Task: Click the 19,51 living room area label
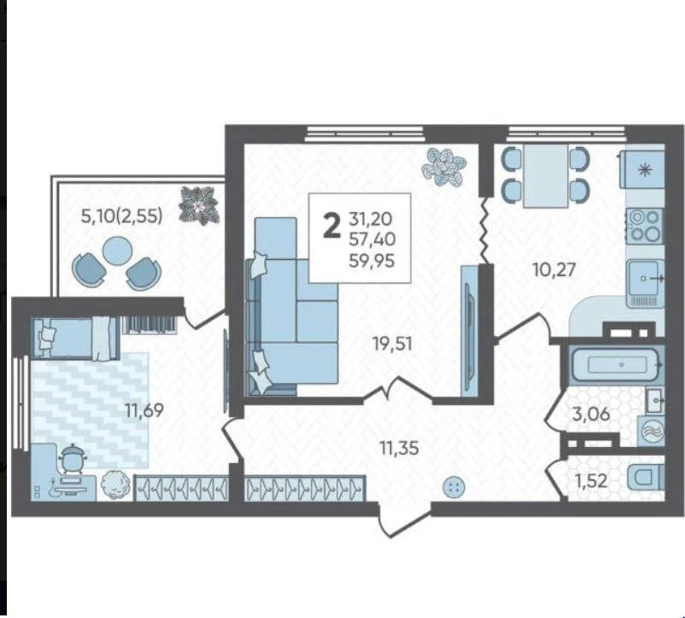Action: [x=393, y=344]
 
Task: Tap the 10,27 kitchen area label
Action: [x=554, y=269]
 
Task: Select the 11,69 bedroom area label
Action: [x=144, y=410]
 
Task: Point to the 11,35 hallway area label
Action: [x=399, y=448]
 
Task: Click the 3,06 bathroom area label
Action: [x=591, y=414]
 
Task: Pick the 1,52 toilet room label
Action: [x=591, y=481]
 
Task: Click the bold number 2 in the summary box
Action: [x=332, y=227]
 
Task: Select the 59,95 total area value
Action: [x=372, y=261]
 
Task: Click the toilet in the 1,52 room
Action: [x=646, y=478]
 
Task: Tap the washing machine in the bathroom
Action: [x=651, y=431]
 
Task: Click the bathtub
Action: [x=617, y=363]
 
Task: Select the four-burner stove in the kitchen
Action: [x=644, y=226]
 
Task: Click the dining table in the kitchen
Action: [x=546, y=176]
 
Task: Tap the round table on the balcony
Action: [x=117, y=250]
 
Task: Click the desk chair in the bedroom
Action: [x=73, y=458]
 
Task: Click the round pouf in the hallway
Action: [x=454, y=486]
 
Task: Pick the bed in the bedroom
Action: [x=75, y=338]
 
